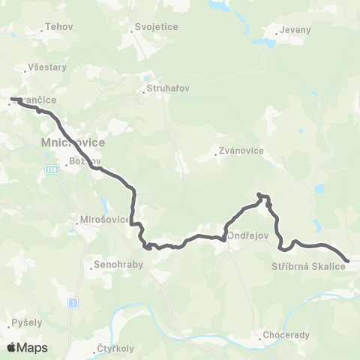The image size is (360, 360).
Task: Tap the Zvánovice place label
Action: (x=240, y=150)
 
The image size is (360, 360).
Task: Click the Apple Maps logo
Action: (x=27, y=347)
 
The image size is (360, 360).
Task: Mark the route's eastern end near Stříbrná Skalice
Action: (x=346, y=260)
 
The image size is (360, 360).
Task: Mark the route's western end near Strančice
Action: (x=12, y=98)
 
